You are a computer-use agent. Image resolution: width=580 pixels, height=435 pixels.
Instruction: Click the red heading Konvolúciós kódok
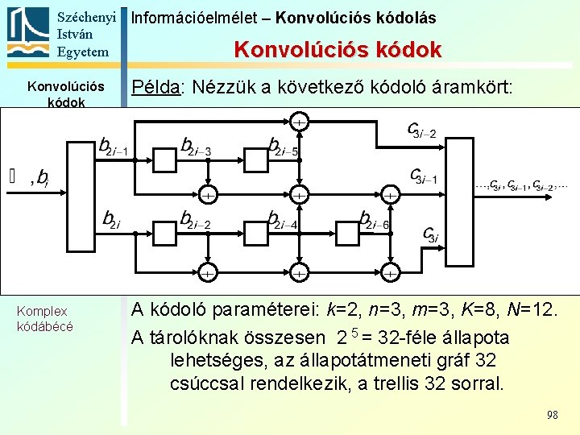338,50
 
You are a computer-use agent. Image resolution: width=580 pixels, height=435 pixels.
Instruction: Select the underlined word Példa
155,87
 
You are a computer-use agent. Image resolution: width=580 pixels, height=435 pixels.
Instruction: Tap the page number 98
552,415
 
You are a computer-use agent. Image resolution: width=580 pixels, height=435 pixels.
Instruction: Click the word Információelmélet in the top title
178,17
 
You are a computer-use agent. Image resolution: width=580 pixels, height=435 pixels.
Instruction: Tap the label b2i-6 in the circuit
375,220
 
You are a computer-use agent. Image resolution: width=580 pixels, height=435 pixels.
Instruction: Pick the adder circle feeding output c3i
389,274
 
